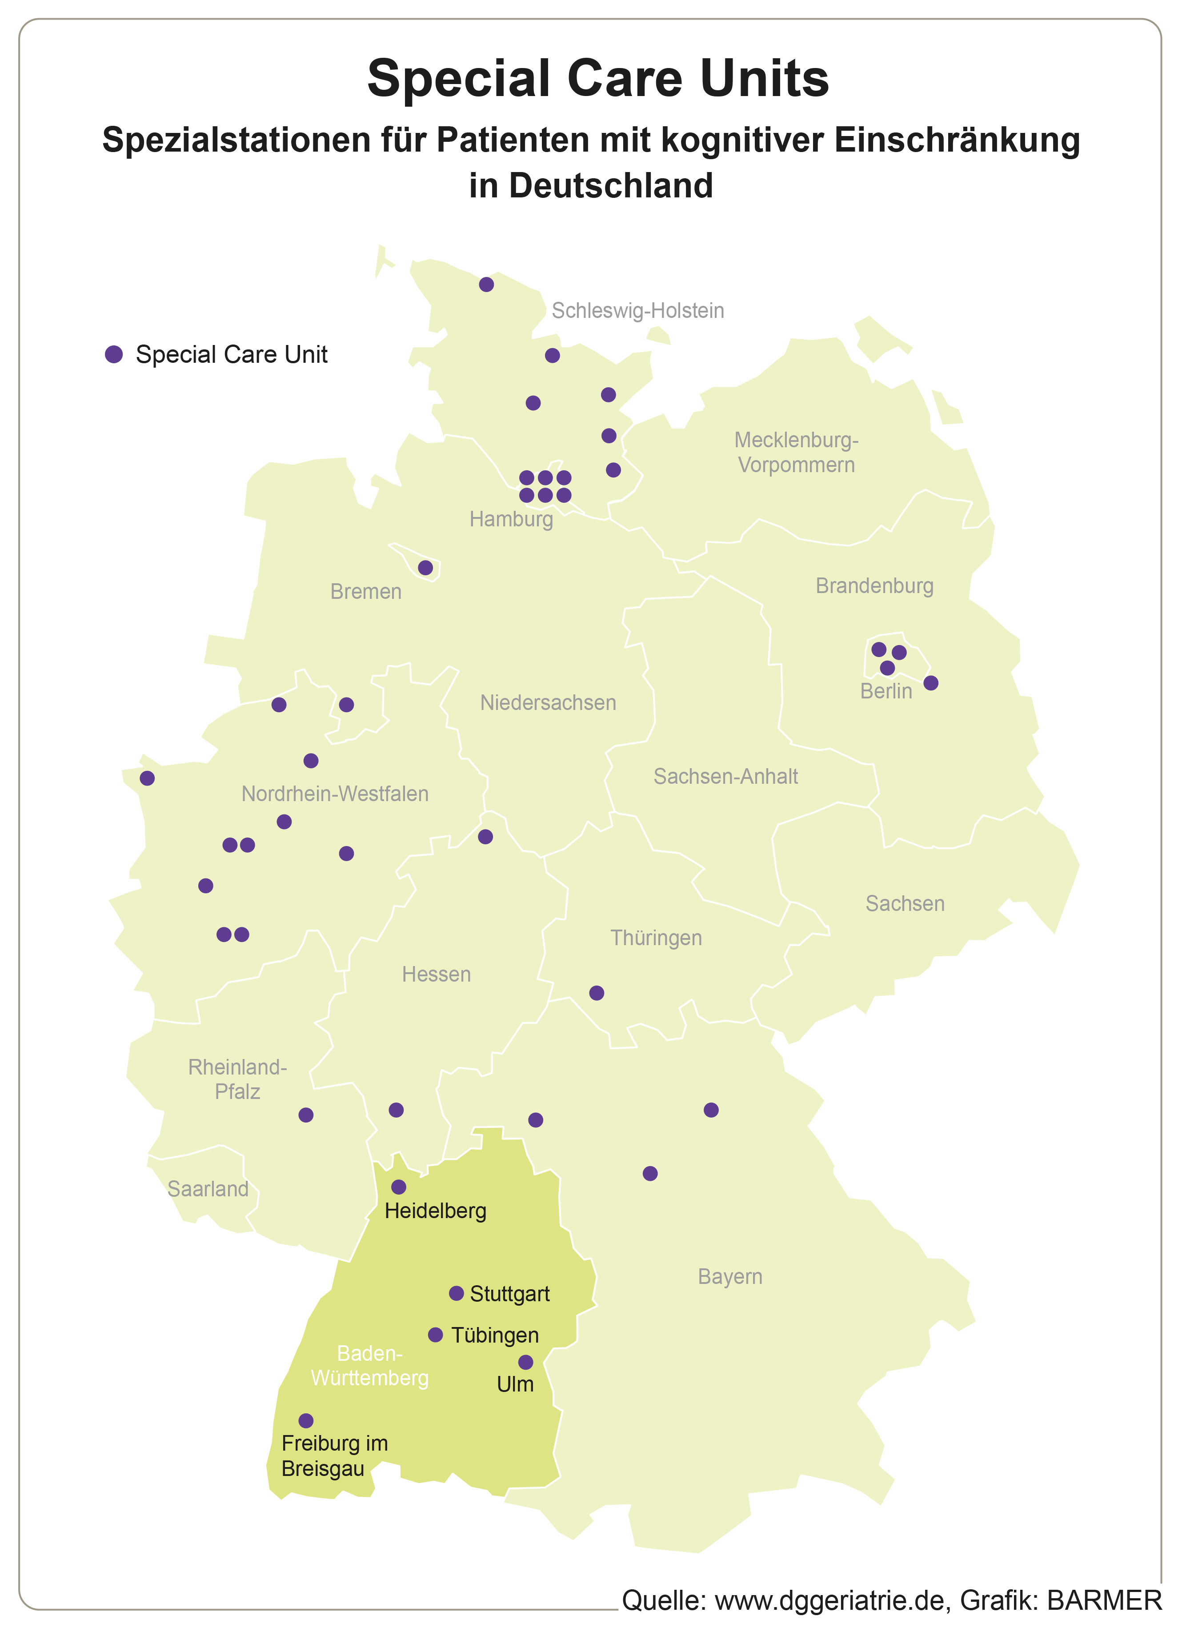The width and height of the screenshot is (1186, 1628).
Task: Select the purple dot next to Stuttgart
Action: (456, 1294)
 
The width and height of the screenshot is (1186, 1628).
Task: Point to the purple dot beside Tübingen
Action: (435, 1335)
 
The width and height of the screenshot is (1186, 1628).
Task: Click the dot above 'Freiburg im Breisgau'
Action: (306, 1420)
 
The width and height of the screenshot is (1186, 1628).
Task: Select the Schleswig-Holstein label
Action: (637, 311)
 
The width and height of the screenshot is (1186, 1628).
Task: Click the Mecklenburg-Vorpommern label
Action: (796, 452)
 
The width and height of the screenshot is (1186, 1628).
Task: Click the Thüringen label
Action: (656, 938)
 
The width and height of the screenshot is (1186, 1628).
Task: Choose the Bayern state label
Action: (729, 1276)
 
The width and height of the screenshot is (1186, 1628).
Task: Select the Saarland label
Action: (208, 1189)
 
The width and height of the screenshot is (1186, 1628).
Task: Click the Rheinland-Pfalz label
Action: (238, 1079)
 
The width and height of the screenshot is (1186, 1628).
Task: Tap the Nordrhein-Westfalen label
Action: (335, 794)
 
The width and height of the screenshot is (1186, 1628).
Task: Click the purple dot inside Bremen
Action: (425, 568)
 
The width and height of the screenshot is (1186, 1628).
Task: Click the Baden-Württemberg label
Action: (370, 1365)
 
